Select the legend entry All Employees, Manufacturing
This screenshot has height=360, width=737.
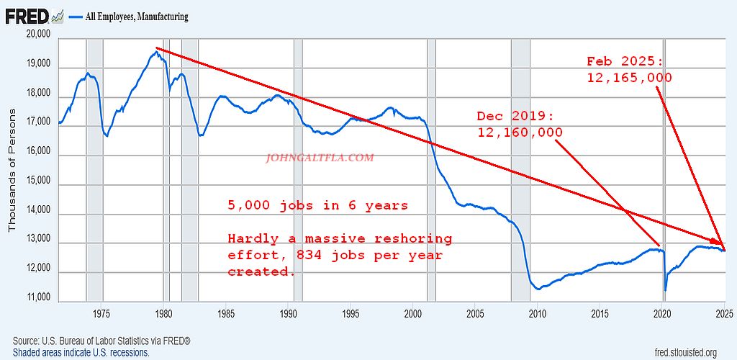point(137,16)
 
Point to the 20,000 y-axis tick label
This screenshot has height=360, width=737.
point(36,35)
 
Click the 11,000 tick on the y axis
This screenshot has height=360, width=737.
point(36,297)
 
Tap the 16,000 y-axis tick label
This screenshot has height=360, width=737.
point(36,152)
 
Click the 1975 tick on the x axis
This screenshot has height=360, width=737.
point(101,313)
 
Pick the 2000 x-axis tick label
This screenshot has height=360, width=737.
point(413,313)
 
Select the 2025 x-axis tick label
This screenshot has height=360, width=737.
point(724,313)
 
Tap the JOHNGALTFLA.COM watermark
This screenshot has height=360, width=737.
point(320,157)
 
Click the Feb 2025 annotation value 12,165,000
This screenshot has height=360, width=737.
point(628,77)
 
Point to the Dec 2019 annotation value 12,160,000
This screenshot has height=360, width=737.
point(519,132)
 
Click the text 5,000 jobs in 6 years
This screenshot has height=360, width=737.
point(317,205)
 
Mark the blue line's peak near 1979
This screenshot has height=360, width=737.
point(157,51)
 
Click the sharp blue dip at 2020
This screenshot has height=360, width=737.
point(665,289)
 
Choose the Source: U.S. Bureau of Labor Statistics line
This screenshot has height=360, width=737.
point(101,341)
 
